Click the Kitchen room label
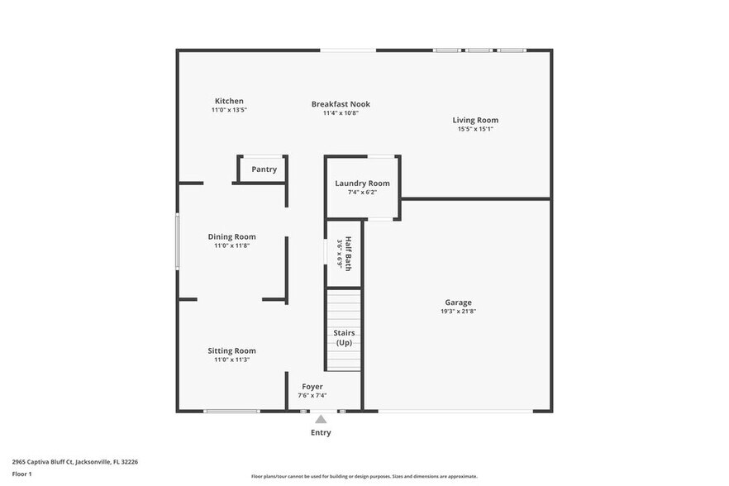(229, 101)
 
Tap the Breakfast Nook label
(341, 104)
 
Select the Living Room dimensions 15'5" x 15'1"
(475, 129)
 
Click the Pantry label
(264, 169)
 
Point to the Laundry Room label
(362, 183)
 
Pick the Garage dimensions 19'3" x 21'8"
(458, 312)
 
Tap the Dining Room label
(231, 236)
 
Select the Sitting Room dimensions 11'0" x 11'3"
(231, 360)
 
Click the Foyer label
(312, 386)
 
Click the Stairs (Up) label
(344, 337)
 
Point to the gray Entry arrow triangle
(321, 419)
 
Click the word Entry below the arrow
(321, 432)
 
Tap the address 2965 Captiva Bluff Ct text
(74, 462)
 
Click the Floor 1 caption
(21, 474)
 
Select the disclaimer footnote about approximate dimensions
(364, 476)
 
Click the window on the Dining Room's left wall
(177, 241)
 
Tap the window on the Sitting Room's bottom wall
(231, 411)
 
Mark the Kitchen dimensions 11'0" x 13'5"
(229, 110)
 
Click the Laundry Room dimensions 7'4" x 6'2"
(362, 193)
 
